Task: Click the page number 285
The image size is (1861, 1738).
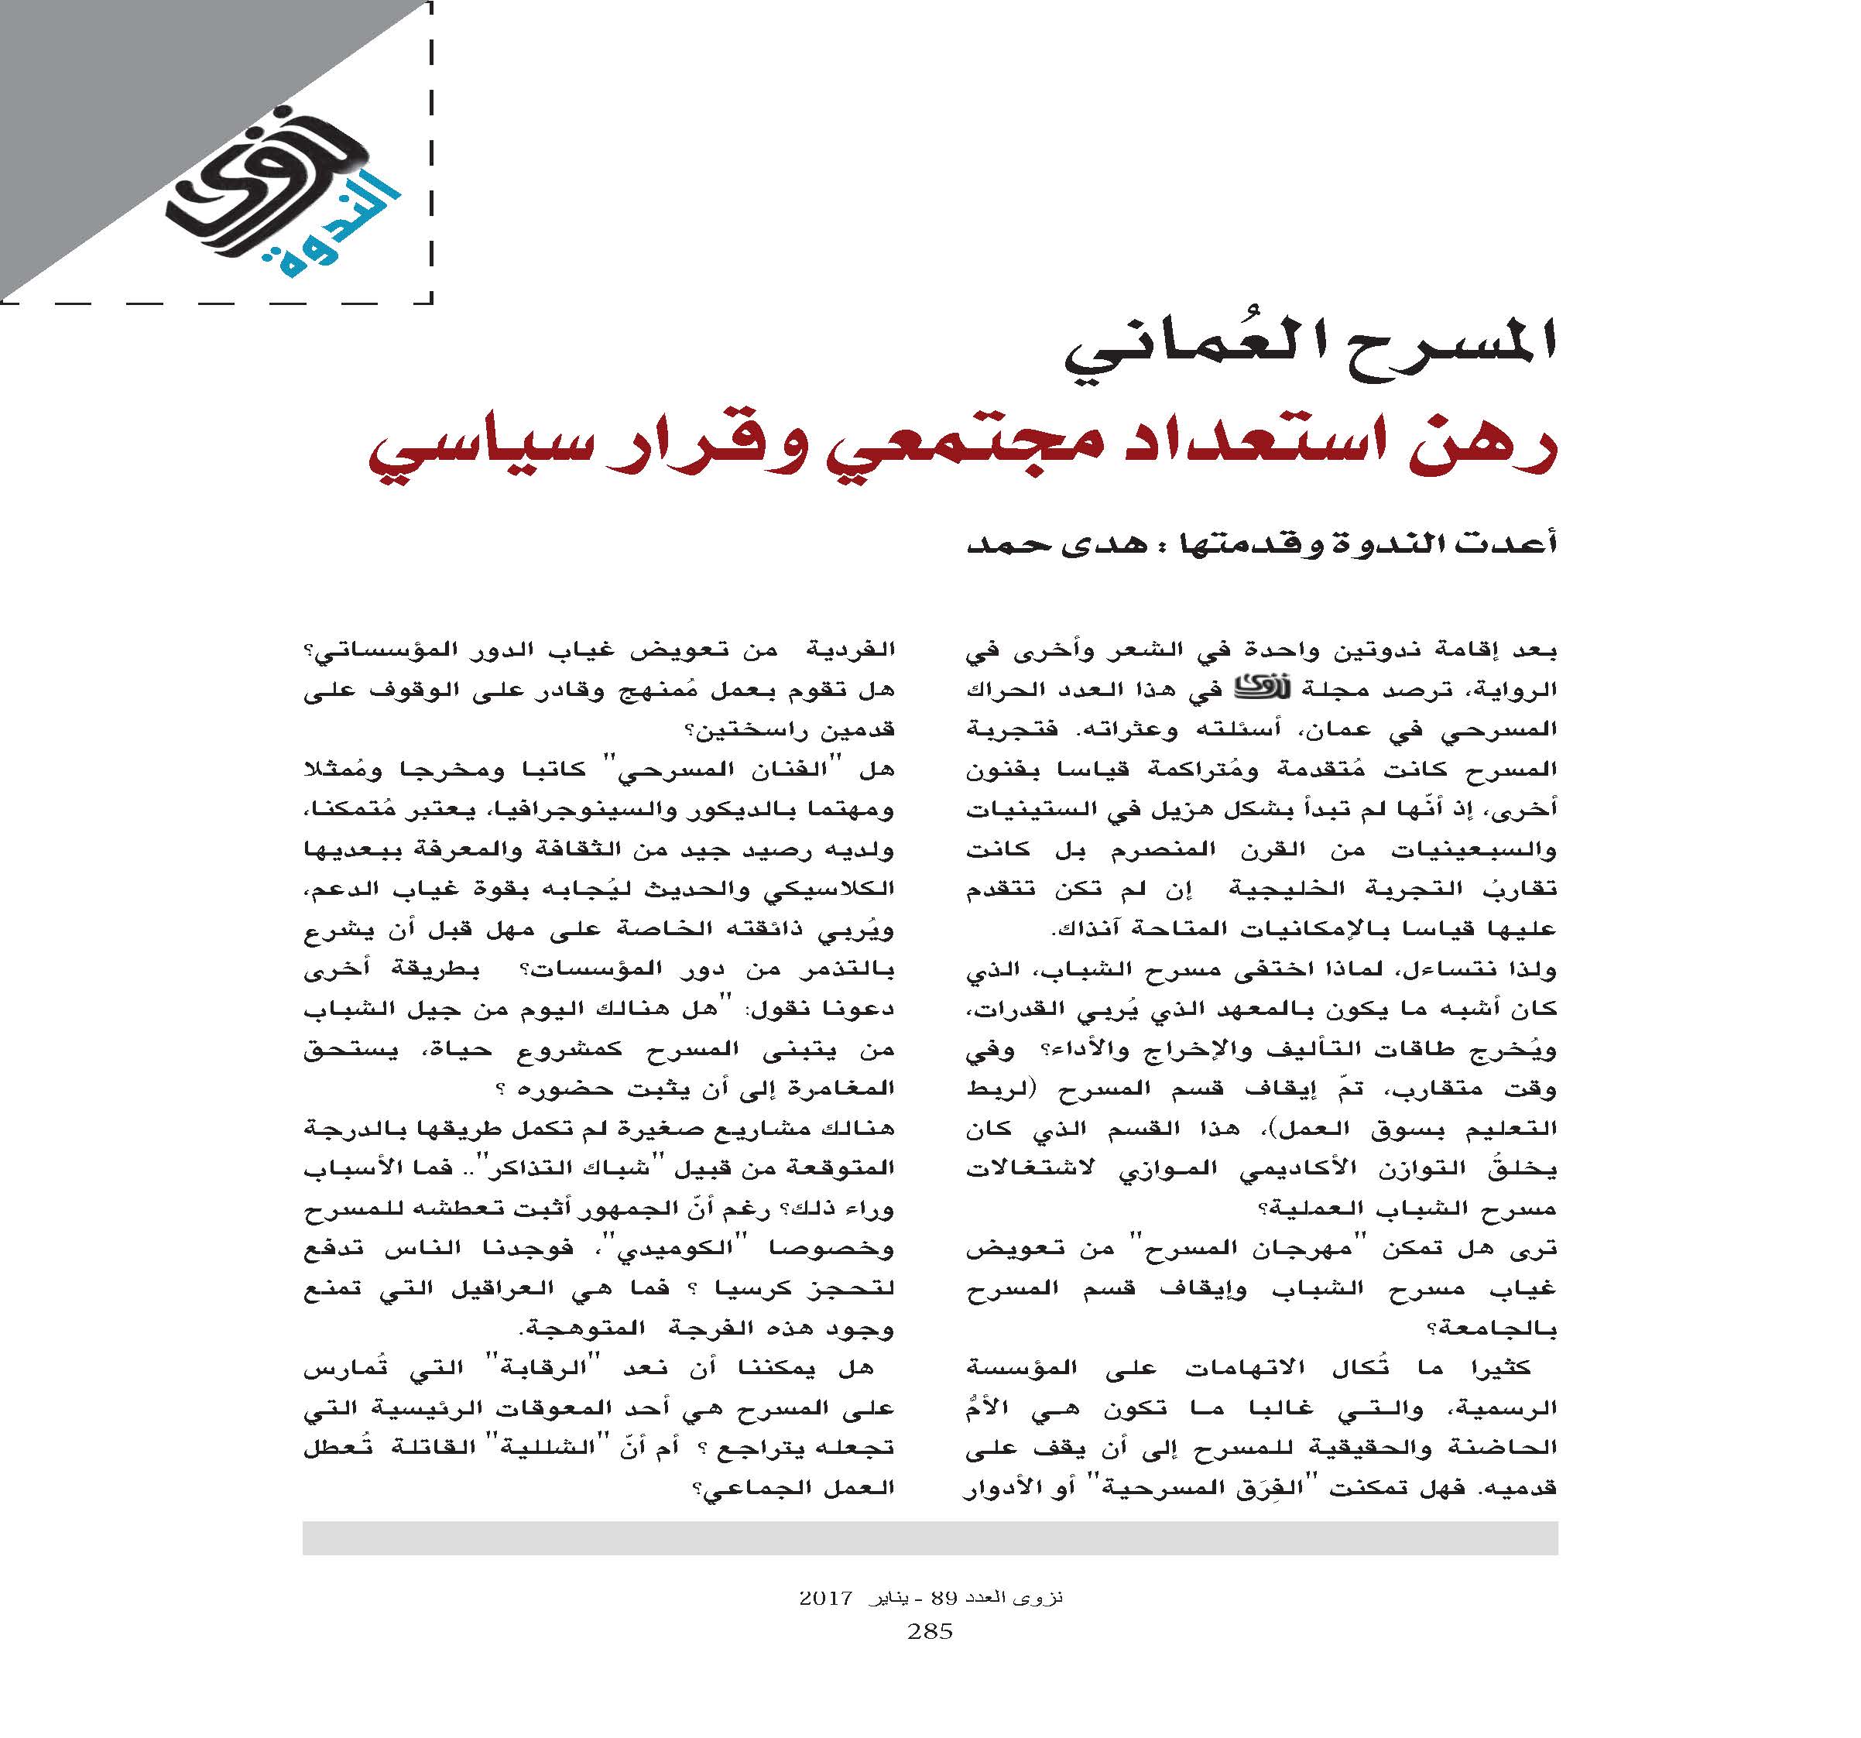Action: (930, 1632)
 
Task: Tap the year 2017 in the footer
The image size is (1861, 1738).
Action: (824, 1599)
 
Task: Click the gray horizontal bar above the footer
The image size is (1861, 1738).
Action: (930, 1537)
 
